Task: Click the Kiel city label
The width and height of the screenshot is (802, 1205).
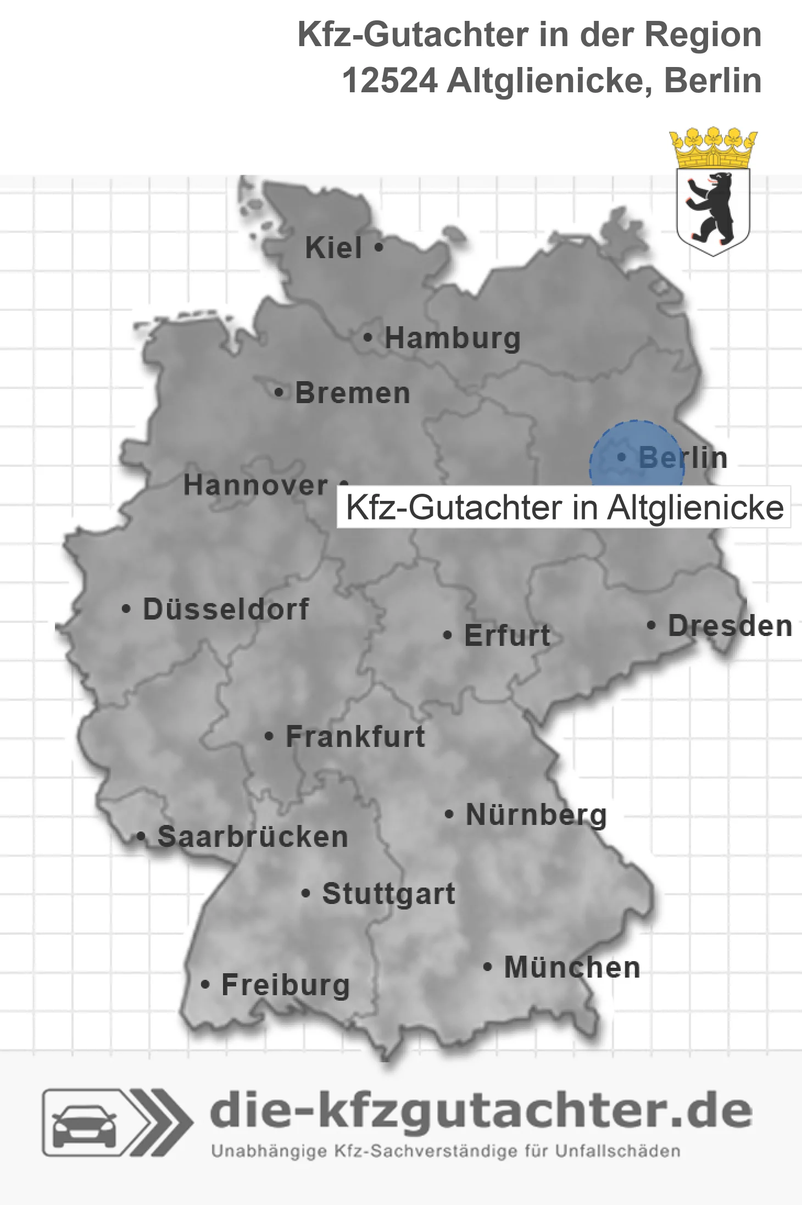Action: [333, 248]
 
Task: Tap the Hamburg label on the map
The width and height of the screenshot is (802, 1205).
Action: [452, 338]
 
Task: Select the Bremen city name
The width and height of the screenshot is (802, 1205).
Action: [353, 393]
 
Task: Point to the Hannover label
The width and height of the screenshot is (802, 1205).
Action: [255, 485]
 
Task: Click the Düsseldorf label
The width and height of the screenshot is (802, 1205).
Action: [226, 609]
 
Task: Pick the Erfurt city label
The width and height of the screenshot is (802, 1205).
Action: [507, 635]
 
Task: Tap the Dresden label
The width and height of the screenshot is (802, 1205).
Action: [730, 626]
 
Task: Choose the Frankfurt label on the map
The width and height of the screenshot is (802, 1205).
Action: [355, 737]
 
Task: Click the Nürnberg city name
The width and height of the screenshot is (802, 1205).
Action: [536, 815]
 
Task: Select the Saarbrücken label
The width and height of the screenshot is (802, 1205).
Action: [253, 837]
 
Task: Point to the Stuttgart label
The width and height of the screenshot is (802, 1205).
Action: [388, 894]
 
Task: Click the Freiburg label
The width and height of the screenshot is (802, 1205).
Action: [286, 985]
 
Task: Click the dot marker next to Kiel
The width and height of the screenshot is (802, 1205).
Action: [378, 248]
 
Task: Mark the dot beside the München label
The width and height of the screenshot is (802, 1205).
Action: [487, 967]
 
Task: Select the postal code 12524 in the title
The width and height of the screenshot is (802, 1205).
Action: [389, 81]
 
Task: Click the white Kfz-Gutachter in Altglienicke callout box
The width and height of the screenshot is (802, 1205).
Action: [564, 507]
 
